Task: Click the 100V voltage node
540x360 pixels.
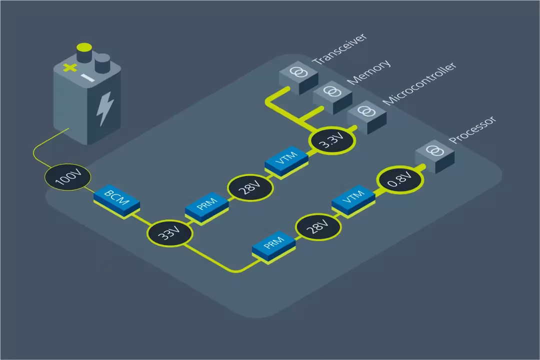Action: (x=68, y=177)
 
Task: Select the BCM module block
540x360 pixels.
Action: (x=116, y=201)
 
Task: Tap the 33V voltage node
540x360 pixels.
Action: (x=170, y=233)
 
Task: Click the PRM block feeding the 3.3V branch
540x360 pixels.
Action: (x=207, y=208)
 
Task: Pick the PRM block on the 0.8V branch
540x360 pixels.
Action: (x=274, y=246)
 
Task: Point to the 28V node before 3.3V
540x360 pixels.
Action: (x=250, y=188)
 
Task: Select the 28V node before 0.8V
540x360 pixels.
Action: (x=318, y=226)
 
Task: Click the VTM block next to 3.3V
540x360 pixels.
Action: (x=286, y=162)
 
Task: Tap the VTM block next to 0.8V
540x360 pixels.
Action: (x=353, y=201)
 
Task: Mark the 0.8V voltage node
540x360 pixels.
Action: (x=400, y=180)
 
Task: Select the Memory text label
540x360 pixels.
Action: (x=369, y=72)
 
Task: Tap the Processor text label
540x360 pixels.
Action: (x=472, y=130)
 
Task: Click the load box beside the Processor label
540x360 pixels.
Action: (x=435, y=156)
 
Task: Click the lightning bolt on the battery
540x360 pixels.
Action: (x=104, y=108)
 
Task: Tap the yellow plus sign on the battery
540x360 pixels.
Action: (x=70, y=68)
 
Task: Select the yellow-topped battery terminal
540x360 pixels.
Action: (x=84, y=52)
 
